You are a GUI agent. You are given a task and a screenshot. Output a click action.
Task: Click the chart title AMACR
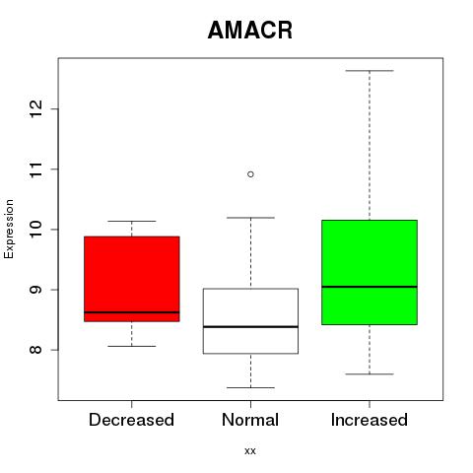pyautogui.click(x=250, y=31)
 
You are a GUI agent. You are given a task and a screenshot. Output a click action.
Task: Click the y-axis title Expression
pyautogui.click(x=9, y=229)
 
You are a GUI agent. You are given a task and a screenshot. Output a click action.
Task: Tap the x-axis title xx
pyautogui.click(x=250, y=451)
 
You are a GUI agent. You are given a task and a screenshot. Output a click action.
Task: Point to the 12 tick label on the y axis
pyautogui.click(x=36, y=108)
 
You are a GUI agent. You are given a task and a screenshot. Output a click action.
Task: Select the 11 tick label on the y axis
pyautogui.click(x=36, y=169)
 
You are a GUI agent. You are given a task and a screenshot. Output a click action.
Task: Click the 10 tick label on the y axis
pyautogui.click(x=36, y=230)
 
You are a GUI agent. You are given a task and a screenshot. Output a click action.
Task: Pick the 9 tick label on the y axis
pyautogui.click(x=36, y=290)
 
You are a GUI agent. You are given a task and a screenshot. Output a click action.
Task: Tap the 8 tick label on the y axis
pyautogui.click(x=36, y=350)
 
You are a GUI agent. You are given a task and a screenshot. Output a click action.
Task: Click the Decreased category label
pyautogui.click(x=131, y=420)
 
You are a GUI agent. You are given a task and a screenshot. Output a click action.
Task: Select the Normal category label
pyautogui.click(x=250, y=420)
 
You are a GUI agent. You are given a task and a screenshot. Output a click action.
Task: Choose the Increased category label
pyautogui.click(x=370, y=420)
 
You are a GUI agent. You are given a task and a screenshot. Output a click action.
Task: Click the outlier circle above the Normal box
pyautogui.click(x=250, y=174)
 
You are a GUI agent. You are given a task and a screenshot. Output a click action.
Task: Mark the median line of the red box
pyautogui.click(x=132, y=312)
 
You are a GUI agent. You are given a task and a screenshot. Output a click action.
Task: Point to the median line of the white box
pyautogui.click(x=250, y=327)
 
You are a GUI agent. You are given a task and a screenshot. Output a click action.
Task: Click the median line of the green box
pyautogui.click(x=370, y=287)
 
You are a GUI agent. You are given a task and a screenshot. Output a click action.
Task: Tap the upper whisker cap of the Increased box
pyautogui.click(x=370, y=71)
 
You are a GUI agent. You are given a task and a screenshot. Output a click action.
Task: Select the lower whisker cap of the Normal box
pyautogui.click(x=250, y=387)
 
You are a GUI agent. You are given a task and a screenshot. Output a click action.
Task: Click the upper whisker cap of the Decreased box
pyautogui.click(x=132, y=221)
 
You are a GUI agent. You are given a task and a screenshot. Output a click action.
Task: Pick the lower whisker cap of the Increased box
pyautogui.click(x=370, y=373)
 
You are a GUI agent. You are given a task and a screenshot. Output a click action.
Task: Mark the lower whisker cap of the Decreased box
pyautogui.click(x=132, y=346)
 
